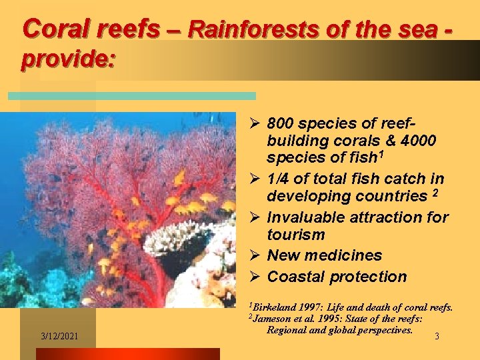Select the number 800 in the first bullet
(281, 124)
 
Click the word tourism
(296, 235)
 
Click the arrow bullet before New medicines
(254, 255)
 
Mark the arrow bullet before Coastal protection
(254, 277)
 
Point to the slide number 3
(437, 337)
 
